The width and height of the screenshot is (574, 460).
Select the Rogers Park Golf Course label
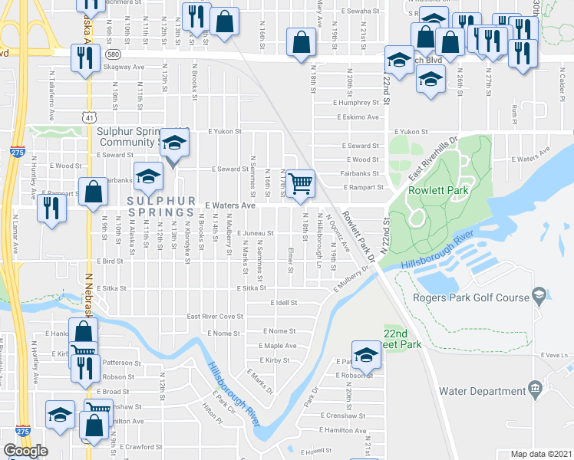(x=471, y=297)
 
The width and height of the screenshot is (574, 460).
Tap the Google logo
(x=25, y=451)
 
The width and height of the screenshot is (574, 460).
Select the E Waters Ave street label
(x=229, y=205)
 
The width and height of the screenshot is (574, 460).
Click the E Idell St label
(x=283, y=303)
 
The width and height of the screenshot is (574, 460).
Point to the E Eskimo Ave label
(x=356, y=117)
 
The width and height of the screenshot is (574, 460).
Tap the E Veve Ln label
(x=554, y=356)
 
